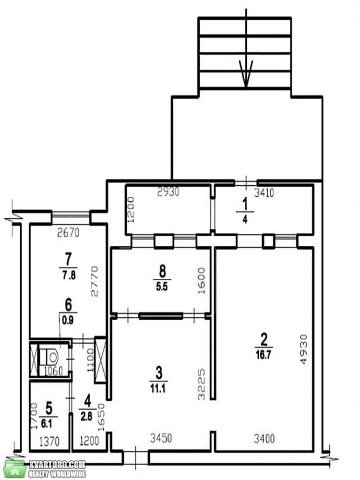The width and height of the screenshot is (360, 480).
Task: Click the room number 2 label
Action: tap(264, 339)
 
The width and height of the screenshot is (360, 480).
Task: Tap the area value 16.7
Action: tap(263, 355)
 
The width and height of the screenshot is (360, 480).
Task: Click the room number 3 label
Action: tap(158, 373)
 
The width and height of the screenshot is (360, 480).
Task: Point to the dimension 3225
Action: tap(201, 384)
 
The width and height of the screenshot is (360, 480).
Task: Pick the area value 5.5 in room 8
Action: tap(162, 287)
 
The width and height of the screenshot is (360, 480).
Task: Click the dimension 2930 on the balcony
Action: tap(168, 192)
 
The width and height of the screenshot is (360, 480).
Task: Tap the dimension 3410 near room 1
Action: tap(264, 193)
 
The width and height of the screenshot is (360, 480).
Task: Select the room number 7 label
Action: tap(68, 260)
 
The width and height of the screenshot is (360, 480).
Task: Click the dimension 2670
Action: tap(68, 233)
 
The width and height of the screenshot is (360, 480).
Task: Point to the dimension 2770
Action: tap(95, 281)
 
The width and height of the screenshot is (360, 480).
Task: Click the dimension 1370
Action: tap(49, 441)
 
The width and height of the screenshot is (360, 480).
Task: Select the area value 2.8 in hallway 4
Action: tap(86, 416)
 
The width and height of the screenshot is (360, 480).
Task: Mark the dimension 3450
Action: tap(161, 438)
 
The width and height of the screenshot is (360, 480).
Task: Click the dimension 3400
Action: tap(264, 439)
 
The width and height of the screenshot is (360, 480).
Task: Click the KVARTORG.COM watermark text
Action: tap(57, 465)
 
